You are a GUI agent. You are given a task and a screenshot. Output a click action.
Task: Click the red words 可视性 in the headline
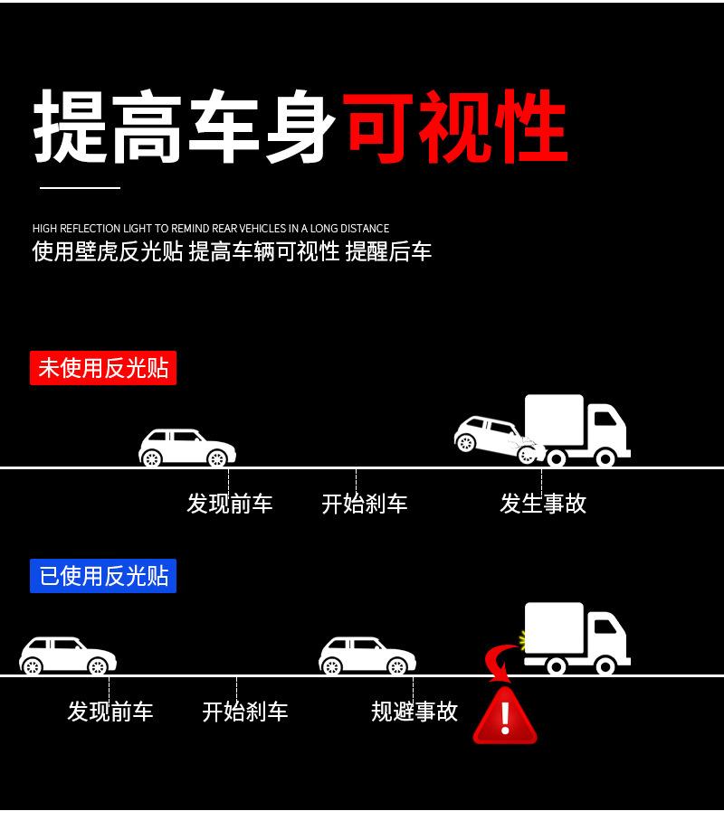455,127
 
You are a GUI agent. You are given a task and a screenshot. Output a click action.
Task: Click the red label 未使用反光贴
103,369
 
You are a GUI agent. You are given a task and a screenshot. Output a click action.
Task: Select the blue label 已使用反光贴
103,576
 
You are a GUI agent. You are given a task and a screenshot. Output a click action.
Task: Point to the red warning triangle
505,717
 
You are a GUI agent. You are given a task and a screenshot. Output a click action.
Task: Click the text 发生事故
543,504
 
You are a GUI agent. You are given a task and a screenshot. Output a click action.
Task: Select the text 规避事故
414,712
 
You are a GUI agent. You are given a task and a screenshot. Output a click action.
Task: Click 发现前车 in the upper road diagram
229,504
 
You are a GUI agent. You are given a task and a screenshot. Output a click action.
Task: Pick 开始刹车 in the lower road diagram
245,712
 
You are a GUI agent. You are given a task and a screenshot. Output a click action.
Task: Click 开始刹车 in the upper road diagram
365,504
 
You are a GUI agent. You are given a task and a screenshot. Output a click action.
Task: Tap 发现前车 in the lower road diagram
110,712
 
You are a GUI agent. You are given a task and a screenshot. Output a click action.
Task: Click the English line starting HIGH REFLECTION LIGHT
211,229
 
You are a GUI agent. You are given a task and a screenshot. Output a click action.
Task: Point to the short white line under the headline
80,188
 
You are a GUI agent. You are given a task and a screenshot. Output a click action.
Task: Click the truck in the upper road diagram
577,429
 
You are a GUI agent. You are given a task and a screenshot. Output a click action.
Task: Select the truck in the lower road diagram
576,637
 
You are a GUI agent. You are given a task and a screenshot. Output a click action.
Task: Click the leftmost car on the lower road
68,656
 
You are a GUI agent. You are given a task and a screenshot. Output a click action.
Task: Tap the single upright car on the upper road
187,448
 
